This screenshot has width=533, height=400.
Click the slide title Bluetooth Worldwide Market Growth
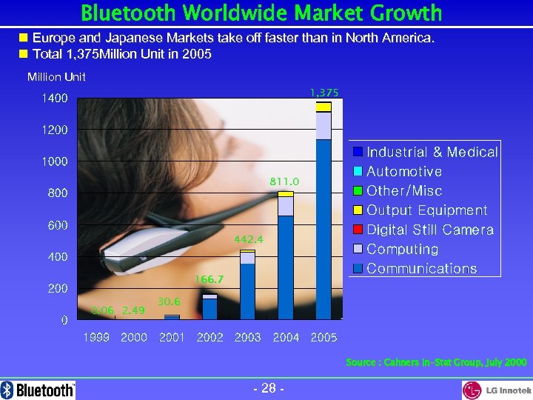pyautogui.click(x=261, y=13)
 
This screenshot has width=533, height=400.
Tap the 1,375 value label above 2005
pyautogui.click(x=324, y=93)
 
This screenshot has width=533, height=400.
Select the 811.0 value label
pyautogui.click(x=284, y=181)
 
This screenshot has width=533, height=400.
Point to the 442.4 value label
pyautogui.click(x=248, y=239)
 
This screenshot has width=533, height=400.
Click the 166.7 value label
pyautogui.click(x=209, y=279)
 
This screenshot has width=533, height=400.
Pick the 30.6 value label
pyautogui.click(x=170, y=301)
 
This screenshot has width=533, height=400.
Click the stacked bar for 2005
pyautogui.click(x=324, y=215)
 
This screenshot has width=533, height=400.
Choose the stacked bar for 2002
pyautogui.click(x=209, y=307)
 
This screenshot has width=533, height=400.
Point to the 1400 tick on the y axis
pyautogui.click(x=53, y=99)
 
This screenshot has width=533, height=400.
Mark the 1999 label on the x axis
pyautogui.click(x=96, y=337)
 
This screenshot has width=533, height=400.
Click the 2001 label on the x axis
pyautogui.click(x=172, y=337)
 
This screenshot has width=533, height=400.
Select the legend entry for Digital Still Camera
pyautogui.click(x=423, y=230)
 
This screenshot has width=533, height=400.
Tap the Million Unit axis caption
pyautogui.click(x=56, y=77)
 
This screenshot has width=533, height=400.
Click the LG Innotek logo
pyautogui.click(x=497, y=390)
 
